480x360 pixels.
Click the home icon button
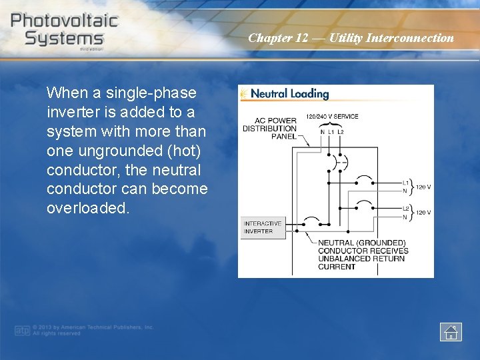[451, 331]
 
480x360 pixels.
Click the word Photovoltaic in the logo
[64, 20]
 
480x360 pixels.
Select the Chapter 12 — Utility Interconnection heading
[351, 38]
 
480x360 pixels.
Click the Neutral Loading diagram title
[289, 94]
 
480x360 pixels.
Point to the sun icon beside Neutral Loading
[244, 94]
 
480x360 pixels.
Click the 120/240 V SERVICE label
[332, 117]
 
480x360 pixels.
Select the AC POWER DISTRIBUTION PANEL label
[269, 129]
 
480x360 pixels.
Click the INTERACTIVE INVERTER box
[262, 227]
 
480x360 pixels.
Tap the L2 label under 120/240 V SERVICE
[341, 132]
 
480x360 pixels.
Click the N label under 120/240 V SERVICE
[323, 132]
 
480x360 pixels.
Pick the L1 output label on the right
[405, 183]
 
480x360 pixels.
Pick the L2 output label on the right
[405, 209]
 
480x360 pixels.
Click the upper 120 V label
[423, 187]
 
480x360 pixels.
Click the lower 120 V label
[423, 213]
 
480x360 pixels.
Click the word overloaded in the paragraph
[85, 208]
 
